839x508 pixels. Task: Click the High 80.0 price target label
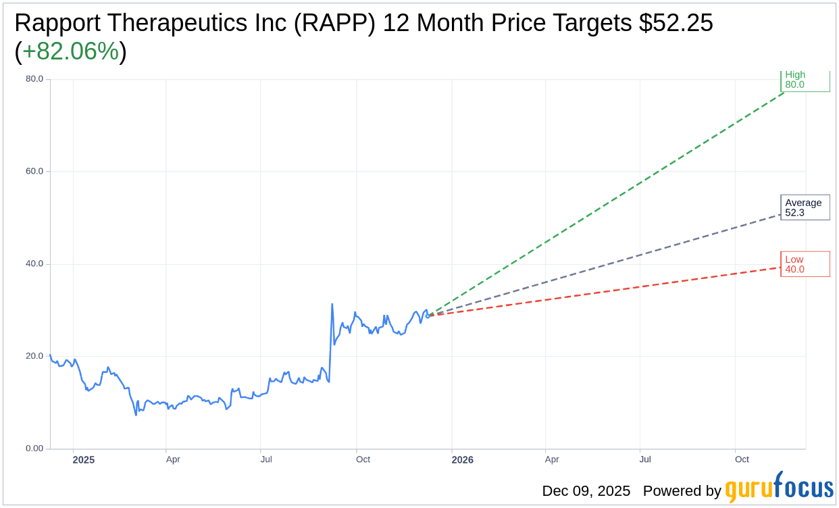point(805,80)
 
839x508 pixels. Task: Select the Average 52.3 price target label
point(805,207)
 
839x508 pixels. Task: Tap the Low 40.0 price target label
point(805,264)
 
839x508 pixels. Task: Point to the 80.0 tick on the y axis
point(34,79)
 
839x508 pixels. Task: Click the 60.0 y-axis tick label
point(34,172)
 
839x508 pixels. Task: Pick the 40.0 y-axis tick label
point(34,264)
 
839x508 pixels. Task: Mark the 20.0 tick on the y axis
point(34,356)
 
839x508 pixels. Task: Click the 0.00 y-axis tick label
point(34,449)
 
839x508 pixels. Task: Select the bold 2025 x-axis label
point(84,460)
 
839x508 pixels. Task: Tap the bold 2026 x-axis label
point(463,460)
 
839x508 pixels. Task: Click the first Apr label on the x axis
point(173,460)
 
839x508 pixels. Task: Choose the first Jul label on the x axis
point(266,460)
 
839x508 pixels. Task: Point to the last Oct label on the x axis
point(742,460)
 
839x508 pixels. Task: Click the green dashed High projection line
point(608,203)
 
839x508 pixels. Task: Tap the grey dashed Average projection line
point(608,261)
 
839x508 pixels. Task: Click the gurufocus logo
point(779,488)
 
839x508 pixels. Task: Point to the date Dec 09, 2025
point(586,491)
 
